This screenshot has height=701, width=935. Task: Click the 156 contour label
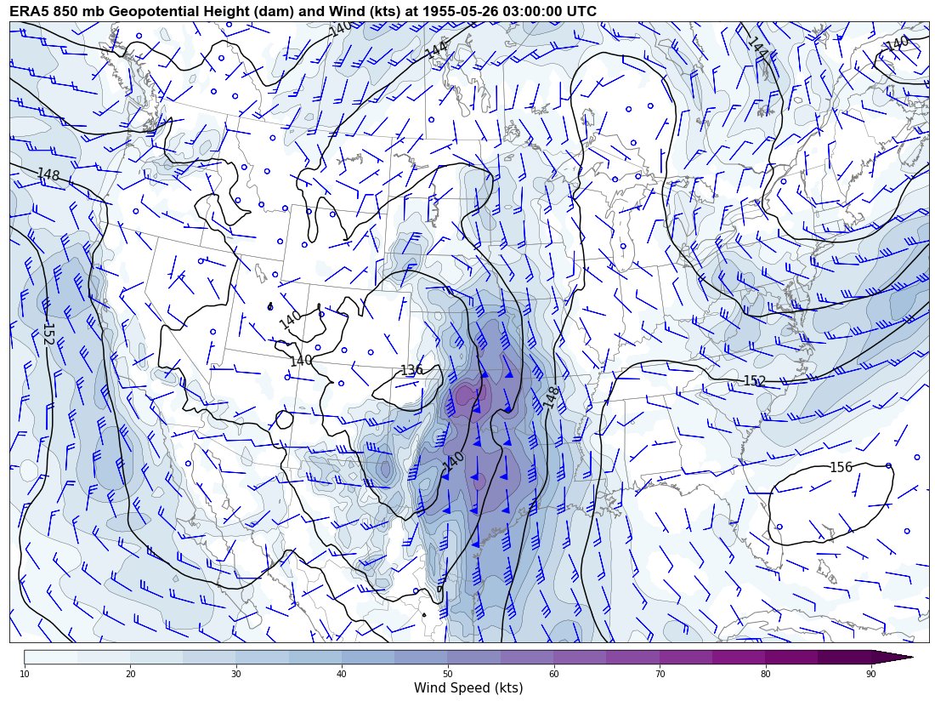coord(841,467)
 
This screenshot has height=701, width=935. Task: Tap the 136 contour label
coord(411,370)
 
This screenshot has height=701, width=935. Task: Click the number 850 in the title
coord(65,11)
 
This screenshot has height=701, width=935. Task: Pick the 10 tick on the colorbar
coord(25,674)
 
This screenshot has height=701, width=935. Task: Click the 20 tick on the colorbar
coord(130,674)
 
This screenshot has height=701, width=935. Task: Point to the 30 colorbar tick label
coord(236,674)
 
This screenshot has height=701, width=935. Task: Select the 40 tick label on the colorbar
coord(342,674)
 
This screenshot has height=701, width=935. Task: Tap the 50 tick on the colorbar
coord(448,674)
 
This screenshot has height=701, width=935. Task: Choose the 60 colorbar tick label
coord(553,674)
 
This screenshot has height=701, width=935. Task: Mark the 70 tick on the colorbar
coord(660,674)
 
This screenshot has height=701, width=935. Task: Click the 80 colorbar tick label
coord(765,674)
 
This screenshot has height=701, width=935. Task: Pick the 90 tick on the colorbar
coord(871,674)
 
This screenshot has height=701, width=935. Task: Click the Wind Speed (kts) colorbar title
coord(468,687)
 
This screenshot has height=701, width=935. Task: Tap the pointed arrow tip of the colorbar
coord(911,657)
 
